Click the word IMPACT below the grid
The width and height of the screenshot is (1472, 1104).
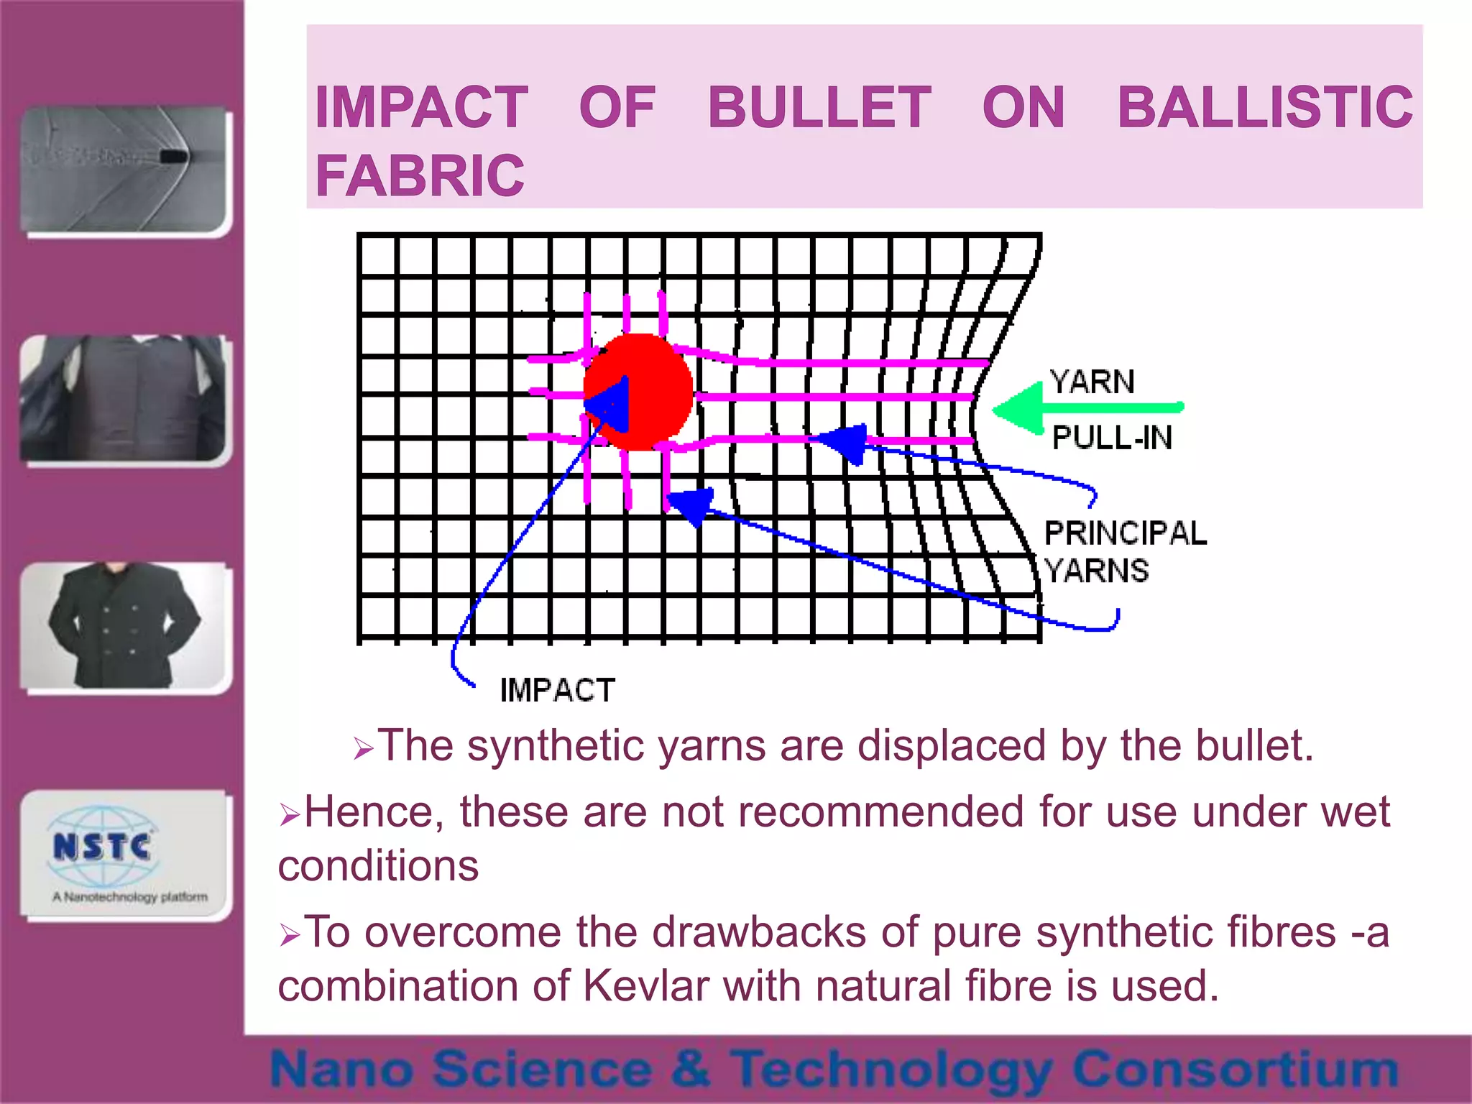click(557, 690)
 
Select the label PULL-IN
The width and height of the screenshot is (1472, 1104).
click(1111, 438)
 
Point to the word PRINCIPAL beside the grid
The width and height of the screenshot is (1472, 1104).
click(1125, 533)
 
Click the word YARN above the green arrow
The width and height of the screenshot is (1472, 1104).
click(1091, 382)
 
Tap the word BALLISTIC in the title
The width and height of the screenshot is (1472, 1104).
click(1265, 108)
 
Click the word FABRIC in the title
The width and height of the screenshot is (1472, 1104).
click(420, 176)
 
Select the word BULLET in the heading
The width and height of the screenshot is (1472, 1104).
click(819, 108)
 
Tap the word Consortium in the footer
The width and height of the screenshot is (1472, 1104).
click(1235, 1069)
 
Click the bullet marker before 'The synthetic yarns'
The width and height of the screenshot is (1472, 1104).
click(363, 750)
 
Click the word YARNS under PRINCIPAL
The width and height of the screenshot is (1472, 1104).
click(1096, 571)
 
